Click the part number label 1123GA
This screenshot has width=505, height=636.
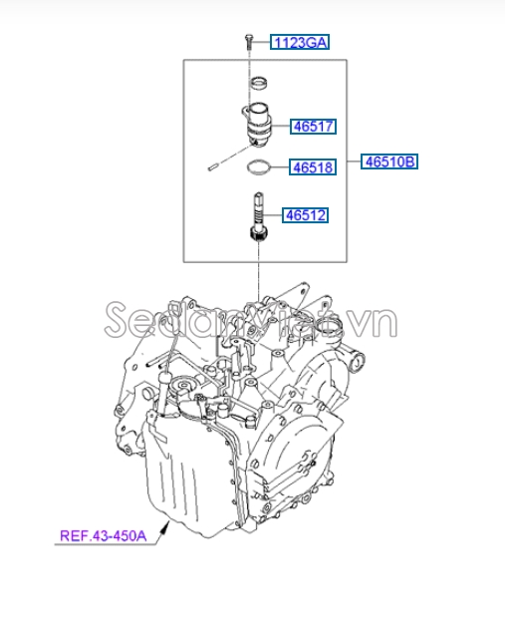click(x=299, y=42)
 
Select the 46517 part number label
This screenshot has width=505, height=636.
click(x=313, y=127)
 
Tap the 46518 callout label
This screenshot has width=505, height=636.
click(x=313, y=167)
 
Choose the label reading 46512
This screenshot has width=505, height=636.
click(x=306, y=214)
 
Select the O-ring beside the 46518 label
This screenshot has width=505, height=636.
click(x=258, y=167)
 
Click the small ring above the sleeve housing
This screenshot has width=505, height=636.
click(x=259, y=81)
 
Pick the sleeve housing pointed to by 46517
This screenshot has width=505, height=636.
click(x=260, y=117)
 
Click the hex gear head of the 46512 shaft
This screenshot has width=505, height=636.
click(x=258, y=234)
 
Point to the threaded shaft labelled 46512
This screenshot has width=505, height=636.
click(x=258, y=210)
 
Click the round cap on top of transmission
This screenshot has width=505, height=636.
click(x=183, y=388)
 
